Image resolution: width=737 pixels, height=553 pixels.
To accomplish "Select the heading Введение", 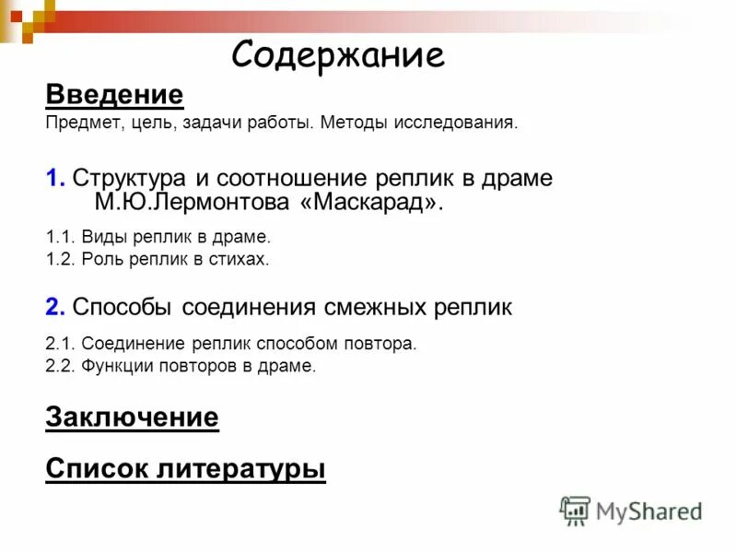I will (114, 94).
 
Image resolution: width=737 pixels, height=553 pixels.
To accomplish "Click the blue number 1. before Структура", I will (54, 177).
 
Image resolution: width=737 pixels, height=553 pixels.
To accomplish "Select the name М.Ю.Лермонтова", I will (197, 201).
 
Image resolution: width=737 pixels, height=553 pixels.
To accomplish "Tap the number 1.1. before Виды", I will (61, 237).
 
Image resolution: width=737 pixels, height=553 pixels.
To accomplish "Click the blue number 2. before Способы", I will (54, 307).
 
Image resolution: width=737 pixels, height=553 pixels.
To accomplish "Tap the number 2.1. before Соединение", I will (61, 344).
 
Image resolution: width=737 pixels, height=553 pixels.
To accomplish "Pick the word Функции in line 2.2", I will (114, 366).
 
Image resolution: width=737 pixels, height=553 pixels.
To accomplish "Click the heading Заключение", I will (132, 418).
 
